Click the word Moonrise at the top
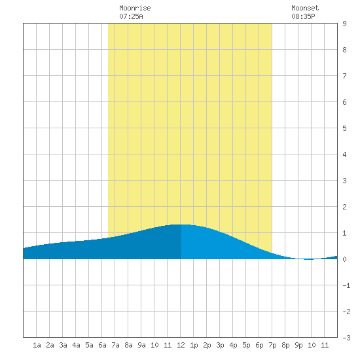click(x=135, y=8)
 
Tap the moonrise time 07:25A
click(x=131, y=16)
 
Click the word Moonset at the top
click(x=305, y=8)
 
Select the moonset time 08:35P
click(x=303, y=16)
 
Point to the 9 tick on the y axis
click(x=344, y=24)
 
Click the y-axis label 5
click(x=344, y=128)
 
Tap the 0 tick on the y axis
click(x=344, y=259)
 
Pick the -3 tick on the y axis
click(x=346, y=338)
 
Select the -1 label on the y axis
click(x=346, y=285)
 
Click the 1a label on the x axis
click(x=37, y=345)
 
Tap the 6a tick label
click(x=102, y=345)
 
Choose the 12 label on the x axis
click(x=181, y=345)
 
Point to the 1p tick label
click(x=194, y=345)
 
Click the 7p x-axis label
click(x=272, y=345)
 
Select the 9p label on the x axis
click(x=298, y=345)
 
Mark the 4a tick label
click(x=76, y=345)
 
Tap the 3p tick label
click(x=220, y=345)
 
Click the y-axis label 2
click(x=344, y=207)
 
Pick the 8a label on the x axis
click(x=128, y=345)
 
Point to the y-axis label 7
click(x=344, y=76)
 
